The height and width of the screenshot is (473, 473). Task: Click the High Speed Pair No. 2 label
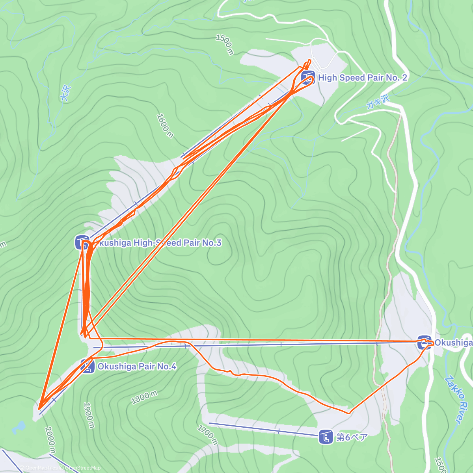pos(362,78)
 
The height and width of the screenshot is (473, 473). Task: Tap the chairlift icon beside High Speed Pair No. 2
pos(307,78)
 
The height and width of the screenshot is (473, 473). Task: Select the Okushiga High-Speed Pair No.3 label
pos(158,243)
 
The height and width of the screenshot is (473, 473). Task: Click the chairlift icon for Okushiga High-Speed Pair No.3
pos(82,242)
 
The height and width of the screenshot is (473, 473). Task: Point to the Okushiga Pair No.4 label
pos(136,367)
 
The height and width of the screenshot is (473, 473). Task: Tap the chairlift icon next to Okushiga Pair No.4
pos(88,367)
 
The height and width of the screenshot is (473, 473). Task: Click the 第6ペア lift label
pos(352,437)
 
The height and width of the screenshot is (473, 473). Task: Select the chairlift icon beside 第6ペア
pos(326,437)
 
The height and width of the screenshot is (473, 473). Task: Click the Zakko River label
pos(453,400)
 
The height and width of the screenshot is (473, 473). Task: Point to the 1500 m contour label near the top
pos(225,45)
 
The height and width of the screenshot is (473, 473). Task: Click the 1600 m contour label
pos(165,126)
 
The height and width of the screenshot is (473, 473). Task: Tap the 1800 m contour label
pos(144,397)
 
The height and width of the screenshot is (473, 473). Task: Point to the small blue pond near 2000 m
pos(19,426)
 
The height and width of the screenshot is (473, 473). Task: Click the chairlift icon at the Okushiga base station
pos(424,343)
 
